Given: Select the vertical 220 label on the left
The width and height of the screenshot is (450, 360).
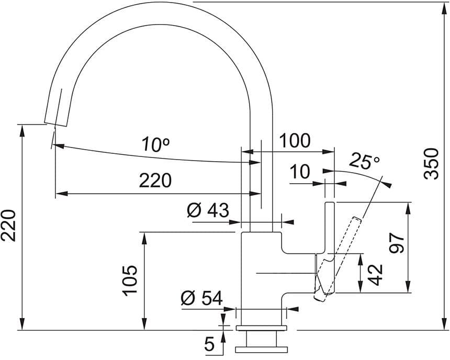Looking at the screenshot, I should click(x=9, y=226).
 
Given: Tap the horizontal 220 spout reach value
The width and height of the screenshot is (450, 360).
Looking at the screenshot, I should click(x=155, y=181).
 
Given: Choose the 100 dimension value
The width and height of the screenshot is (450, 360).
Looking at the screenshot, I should click(x=295, y=141).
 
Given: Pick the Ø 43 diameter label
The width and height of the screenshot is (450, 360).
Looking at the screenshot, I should click(x=208, y=211).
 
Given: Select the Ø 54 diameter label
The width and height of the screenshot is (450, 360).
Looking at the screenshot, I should click(x=201, y=299).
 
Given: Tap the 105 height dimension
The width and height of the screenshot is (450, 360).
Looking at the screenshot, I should click(x=130, y=280).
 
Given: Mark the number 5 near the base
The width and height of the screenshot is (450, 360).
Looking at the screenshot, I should click(x=209, y=344).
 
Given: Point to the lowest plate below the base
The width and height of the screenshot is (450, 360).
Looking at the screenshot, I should click(x=262, y=348).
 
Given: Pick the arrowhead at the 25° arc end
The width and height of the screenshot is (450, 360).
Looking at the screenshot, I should click(x=387, y=184).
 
